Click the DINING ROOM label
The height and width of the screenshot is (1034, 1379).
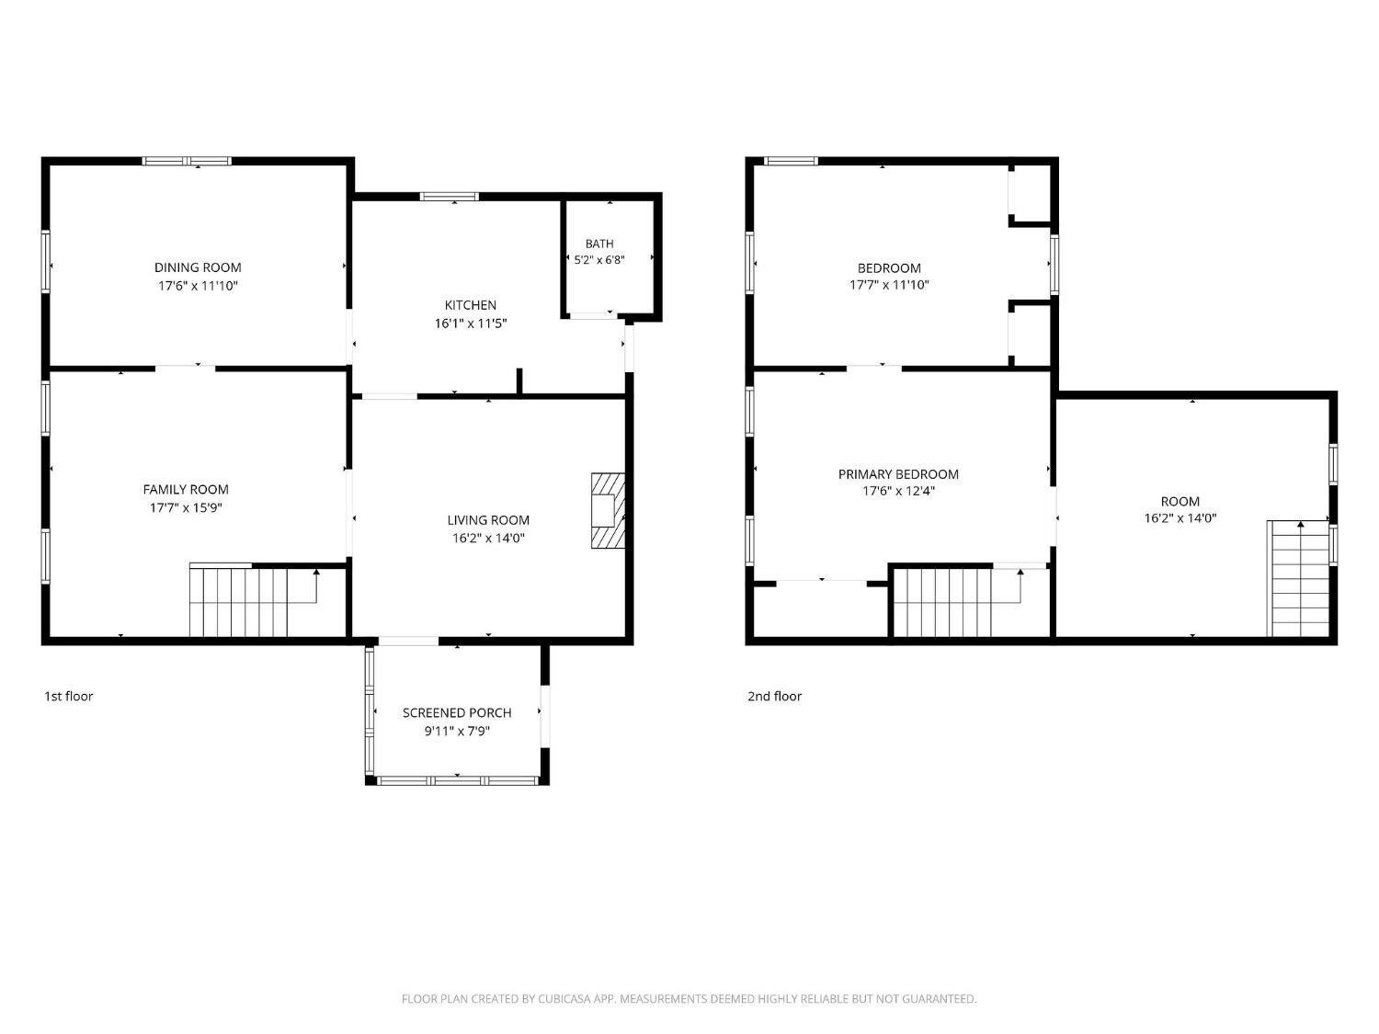pyautogui.click(x=198, y=267)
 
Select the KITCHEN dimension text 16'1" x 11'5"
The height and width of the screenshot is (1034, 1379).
pyautogui.click(x=471, y=324)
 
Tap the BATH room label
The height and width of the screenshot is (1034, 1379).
pyautogui.click(x=599, y=244)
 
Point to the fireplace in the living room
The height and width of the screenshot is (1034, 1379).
pyautogui.click(x=609, y=511)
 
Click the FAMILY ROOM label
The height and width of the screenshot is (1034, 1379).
pyautogui.click(x=186, y=490)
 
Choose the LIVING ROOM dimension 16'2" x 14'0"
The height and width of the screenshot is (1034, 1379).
pyautogui.click(x=488, y=538)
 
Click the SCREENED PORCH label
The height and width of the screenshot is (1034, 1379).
pyautogui.click(x=457, y=713)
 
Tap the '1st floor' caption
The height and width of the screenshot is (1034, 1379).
pyautogui.click(x=68, y=697)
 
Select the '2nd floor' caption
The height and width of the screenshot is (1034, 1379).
pyautogui.click(x=775, y=697)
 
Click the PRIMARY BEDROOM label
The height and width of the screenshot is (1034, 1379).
pyautogui.click(x=898, y=474)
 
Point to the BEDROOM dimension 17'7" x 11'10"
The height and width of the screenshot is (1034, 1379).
pyautogui.click(x=889, y=284)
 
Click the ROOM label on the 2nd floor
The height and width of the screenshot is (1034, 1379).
pyautogui.click(x=1180, y=502)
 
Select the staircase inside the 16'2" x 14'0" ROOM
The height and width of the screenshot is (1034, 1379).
pyautogui.click(x=1297, y=578)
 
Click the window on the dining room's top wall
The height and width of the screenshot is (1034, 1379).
pyautogui.click(x=187, y=162)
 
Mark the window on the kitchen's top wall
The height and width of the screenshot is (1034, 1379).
pyautogui.click(x=449, y=197)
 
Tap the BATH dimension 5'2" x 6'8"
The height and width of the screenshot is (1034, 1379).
pyautogui.click(x=599, y=260)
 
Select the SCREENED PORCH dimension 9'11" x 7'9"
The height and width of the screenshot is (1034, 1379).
pyautogui.click(x=457, y=731)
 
